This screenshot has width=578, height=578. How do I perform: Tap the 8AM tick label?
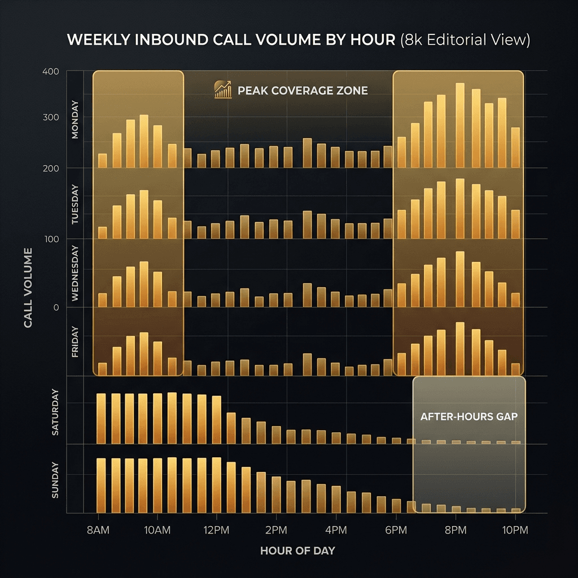(x=98, y=531)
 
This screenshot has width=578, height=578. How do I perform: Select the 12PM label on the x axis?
(x=216, y=531)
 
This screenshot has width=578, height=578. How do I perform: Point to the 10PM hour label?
(x=515, y=531)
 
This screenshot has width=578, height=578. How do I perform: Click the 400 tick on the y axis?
(x=51, y=72)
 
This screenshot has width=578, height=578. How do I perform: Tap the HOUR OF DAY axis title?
(x=297, y=550)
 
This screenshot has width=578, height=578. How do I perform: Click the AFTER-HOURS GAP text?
(x=469, y=417)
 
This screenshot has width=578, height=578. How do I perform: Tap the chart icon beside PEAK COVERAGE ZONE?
(x=223, y=90)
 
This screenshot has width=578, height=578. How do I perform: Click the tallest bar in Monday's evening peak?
(x=459, y=125)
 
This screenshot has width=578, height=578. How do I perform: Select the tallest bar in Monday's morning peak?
(x=144, y=141)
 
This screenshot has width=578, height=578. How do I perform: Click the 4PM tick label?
(x=336, y=531)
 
